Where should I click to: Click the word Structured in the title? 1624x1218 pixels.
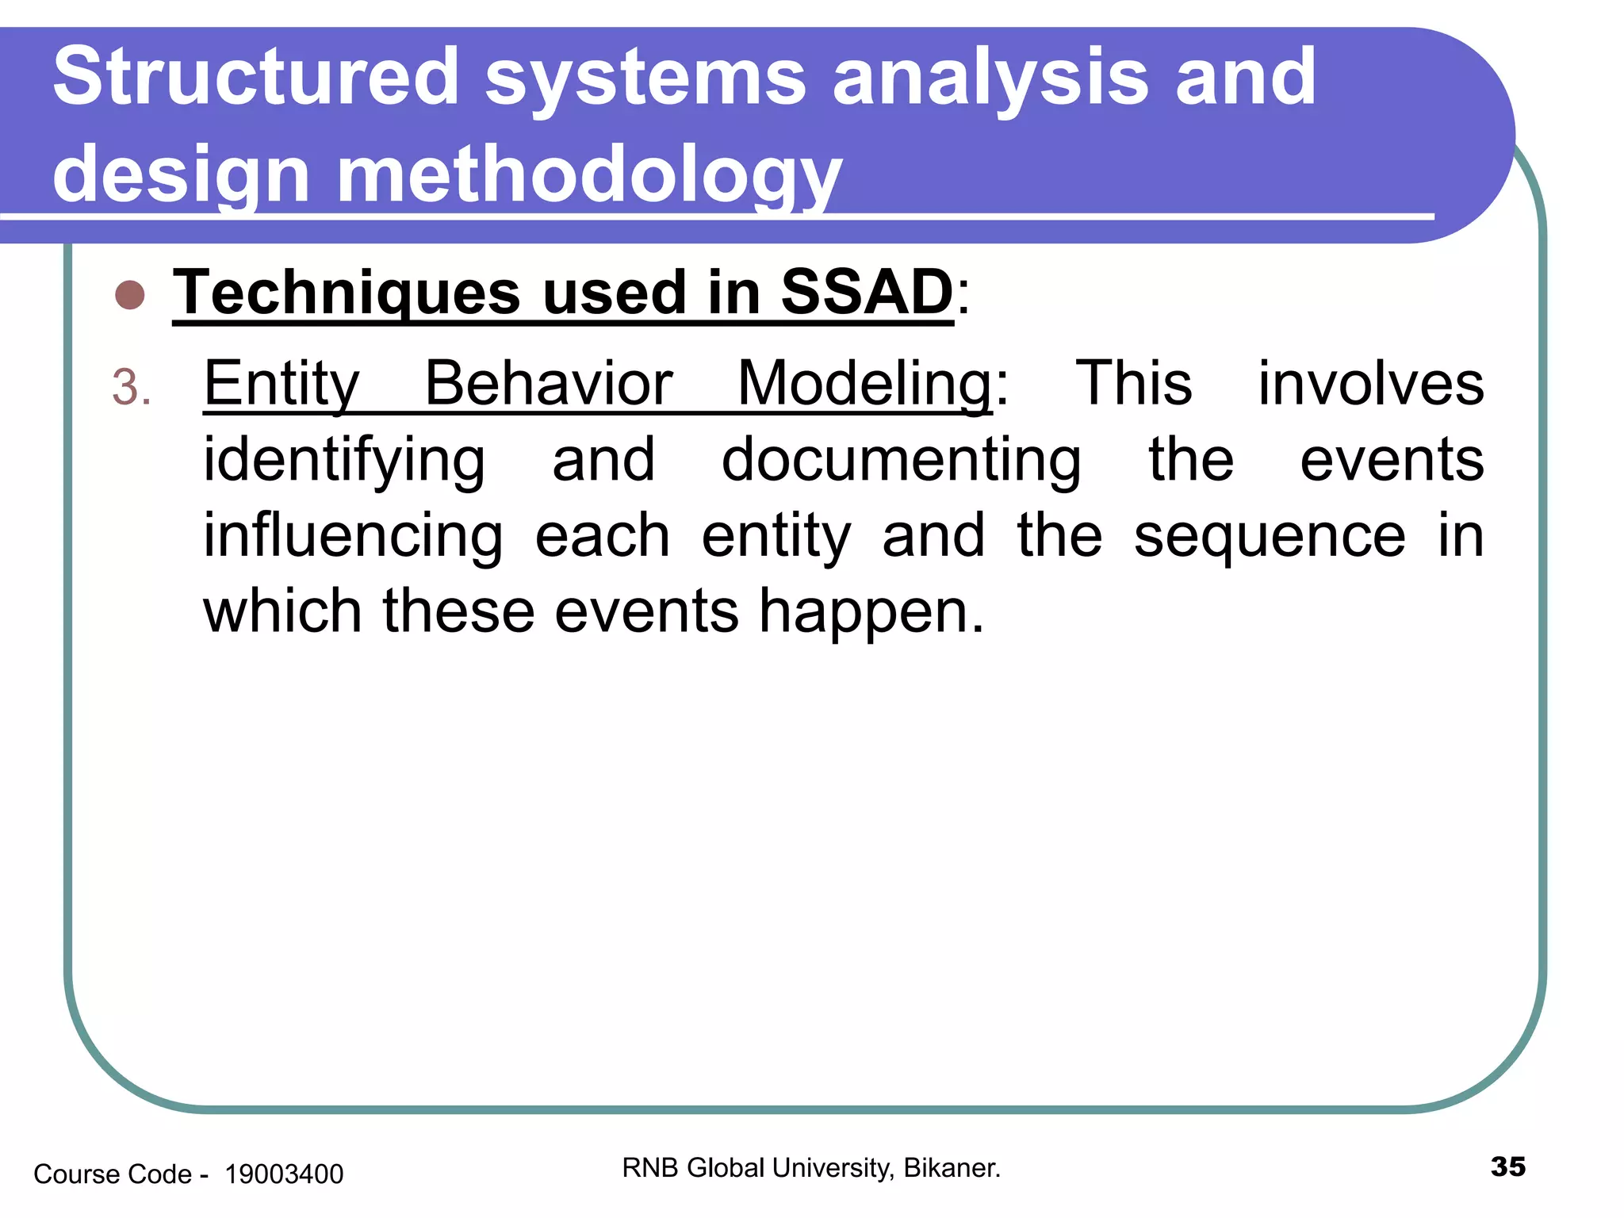[x=255, y=77]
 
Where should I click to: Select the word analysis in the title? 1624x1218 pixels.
[x=990, y=77]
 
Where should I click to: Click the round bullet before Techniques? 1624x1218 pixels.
[x=130, y=295]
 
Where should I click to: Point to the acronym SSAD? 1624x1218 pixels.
[x=866, y=292]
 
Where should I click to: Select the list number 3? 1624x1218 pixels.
[x=130, y=388]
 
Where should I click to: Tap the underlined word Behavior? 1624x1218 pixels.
[x=548, y=383]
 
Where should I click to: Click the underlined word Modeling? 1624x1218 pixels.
[x=864, y=383]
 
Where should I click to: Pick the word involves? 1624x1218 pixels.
[x=1370, y=383]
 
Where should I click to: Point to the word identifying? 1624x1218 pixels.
[x=343, y=460]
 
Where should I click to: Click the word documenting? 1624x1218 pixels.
[x=901, y=460]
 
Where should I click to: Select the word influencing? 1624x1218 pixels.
[x=353, y=536]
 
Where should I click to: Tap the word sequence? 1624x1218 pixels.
[x=1269, y=536]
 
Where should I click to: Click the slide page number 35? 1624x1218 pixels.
[x=1507, y=1166]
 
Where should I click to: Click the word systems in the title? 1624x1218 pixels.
[x=645, y=77]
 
